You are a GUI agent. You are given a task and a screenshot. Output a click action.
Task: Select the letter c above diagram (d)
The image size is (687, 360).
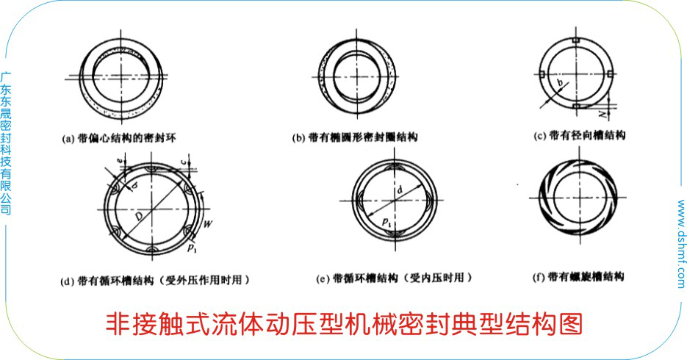pos(190,160)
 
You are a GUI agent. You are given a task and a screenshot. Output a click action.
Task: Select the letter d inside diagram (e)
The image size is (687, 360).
pos(399,190)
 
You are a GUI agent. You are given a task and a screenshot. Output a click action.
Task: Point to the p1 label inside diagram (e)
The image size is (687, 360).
pos(386,220)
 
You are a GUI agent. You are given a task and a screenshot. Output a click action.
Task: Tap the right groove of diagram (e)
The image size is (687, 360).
pos(427,198)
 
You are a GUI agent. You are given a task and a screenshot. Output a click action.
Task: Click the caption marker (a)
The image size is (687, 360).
pos(68,137)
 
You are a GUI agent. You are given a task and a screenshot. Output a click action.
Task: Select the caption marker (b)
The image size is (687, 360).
pos(298,137)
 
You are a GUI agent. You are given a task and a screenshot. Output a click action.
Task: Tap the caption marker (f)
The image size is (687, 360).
pos(537,277)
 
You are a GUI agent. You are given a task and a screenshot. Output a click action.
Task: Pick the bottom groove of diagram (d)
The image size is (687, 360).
pos(152,250)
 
